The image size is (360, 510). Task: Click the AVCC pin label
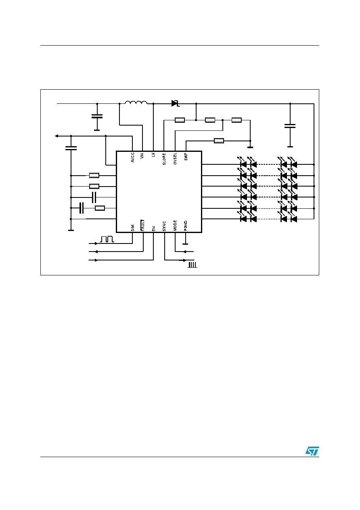tap(133, 157)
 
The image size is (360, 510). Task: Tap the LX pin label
tap(153, 155)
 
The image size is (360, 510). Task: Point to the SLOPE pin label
tap(164, 159)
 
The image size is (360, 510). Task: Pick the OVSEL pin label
tap(175, 159)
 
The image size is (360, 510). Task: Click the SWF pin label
tap(186, 157)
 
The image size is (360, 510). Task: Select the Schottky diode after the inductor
tap(175, 103)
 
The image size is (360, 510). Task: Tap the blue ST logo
tap(312, 451)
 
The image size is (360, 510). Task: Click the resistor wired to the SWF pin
tap(219, 141)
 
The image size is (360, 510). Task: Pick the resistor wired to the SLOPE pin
tap(180, 120)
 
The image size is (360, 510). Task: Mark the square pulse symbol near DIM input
tap(107, 239)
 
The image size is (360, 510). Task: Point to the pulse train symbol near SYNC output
tap(193, 265)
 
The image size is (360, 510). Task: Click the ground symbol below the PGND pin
tap(186, 243)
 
